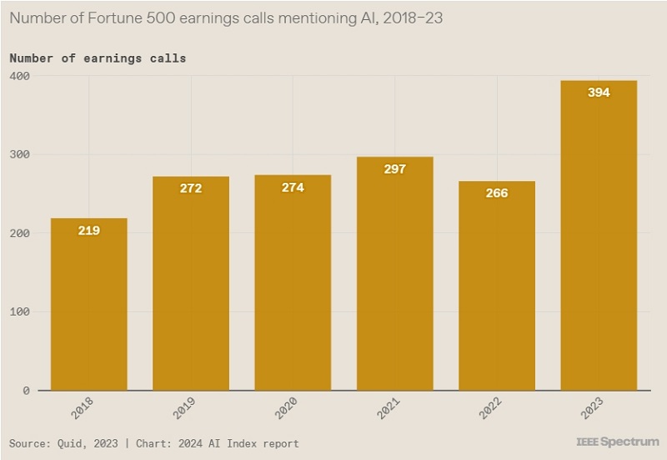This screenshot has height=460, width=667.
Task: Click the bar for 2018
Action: point(89,305)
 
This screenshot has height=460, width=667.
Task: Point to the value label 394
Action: point(599,93)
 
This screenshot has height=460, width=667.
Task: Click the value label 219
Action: point(89,230)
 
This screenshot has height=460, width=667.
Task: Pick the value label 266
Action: point(496,193)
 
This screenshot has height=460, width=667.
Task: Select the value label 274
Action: point(293,187)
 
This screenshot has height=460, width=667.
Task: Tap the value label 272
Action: point(191,188)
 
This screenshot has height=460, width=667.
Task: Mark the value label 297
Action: point(394,169)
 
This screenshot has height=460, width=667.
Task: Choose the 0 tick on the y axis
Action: point(25,390)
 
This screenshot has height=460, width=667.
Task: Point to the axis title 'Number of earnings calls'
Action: point(98,58)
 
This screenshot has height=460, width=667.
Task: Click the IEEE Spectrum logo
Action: point(617,441)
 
